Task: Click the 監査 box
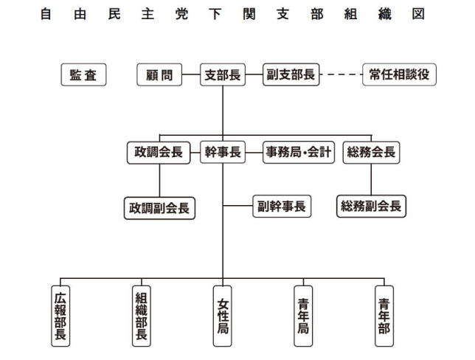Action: point(83,75)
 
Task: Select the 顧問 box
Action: point(159,75)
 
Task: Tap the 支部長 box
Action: point(223,75)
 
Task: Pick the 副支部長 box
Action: point(291,75)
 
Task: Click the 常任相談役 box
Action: point(399,75)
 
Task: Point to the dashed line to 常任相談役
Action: point(341,75)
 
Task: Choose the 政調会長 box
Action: point(159,153)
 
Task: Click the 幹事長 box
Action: point(223,153)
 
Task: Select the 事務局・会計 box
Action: point(299,153)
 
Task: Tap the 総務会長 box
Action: point(372,153)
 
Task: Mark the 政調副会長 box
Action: point(159,208)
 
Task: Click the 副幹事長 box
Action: point(282,207)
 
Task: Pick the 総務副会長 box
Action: point(372,207)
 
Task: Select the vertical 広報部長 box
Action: point(60,316)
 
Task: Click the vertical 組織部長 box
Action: point(142,316)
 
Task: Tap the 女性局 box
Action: point(223,316)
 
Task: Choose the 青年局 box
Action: point(303,316)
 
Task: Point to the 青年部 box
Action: point(384,316)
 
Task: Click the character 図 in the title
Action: point(418,14)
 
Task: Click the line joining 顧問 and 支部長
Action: point(191,75)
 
